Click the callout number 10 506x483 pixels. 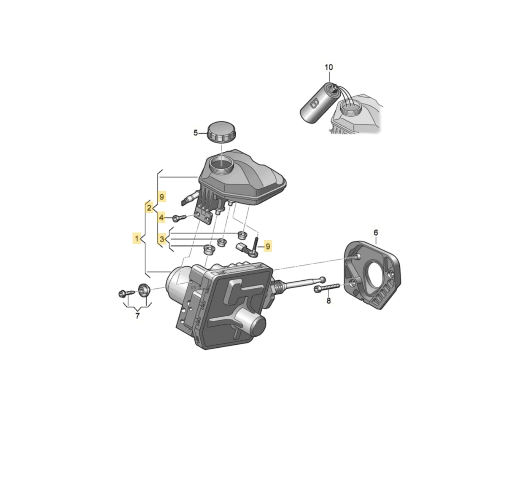pyautogui.click(x=328, y=67)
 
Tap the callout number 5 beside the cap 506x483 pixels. pyautogui.click(x=196, y=133)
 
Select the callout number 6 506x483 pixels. pyautogui.click(x=376, y=232)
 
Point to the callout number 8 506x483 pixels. pyautogui.click(x=328, y=301)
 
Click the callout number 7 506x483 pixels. pyautogui.click(x=137, y=316)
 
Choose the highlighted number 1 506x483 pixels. pyautogui.click(x=137, y=238)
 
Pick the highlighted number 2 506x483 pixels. pyautogui.click(x=149, y=208)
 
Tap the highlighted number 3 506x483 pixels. pyautogui.click(x=162, y=239)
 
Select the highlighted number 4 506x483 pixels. pyautogui.click(x=161, y=217)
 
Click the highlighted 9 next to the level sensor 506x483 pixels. pyautogui.click(x=268, y=246)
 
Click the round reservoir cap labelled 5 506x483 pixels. pyautogui.click(x=221, y=131)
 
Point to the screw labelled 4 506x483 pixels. pyautogui.click(x=179, y=218)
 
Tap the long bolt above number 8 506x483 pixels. pyautogui.click(x=327, y=288)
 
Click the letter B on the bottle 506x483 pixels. pyautogui.click(x=314, y=103)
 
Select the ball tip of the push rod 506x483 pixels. pyautogui.click(x=323, y=279)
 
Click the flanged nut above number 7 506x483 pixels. pyautogui.click(x=143, y=290)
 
